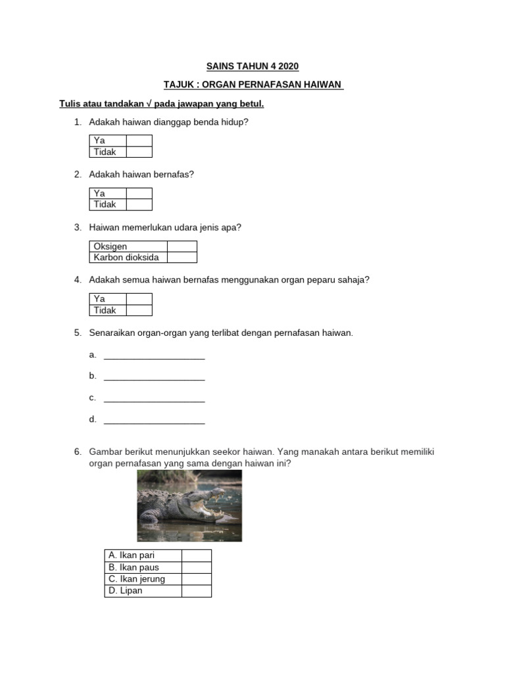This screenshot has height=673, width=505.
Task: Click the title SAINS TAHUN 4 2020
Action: [x=253, y=66]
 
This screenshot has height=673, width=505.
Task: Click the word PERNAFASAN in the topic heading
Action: [x=283, y=85]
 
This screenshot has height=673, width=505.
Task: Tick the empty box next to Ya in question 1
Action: [x=139, y=141]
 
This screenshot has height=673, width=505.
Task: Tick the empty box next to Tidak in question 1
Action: [x=139, y=152]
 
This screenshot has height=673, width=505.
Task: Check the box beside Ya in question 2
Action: [x=139, y=193]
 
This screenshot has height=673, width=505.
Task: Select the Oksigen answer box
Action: [x=181, y=246]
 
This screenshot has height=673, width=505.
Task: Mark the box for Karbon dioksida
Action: [x=181, y=257]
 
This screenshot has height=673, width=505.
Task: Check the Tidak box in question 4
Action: [x=139, y=310]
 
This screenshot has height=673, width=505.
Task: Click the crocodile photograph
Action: [x=189, y=505]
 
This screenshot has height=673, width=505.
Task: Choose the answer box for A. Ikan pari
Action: [x=196, y=555]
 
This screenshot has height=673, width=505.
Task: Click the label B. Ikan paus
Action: [x=134, y=567]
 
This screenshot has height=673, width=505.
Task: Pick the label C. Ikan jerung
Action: [x=137, y=579]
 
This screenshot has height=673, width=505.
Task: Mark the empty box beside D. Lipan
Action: [x=196, y=591]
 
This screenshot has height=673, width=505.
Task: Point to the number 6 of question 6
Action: [x=77, y=452]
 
